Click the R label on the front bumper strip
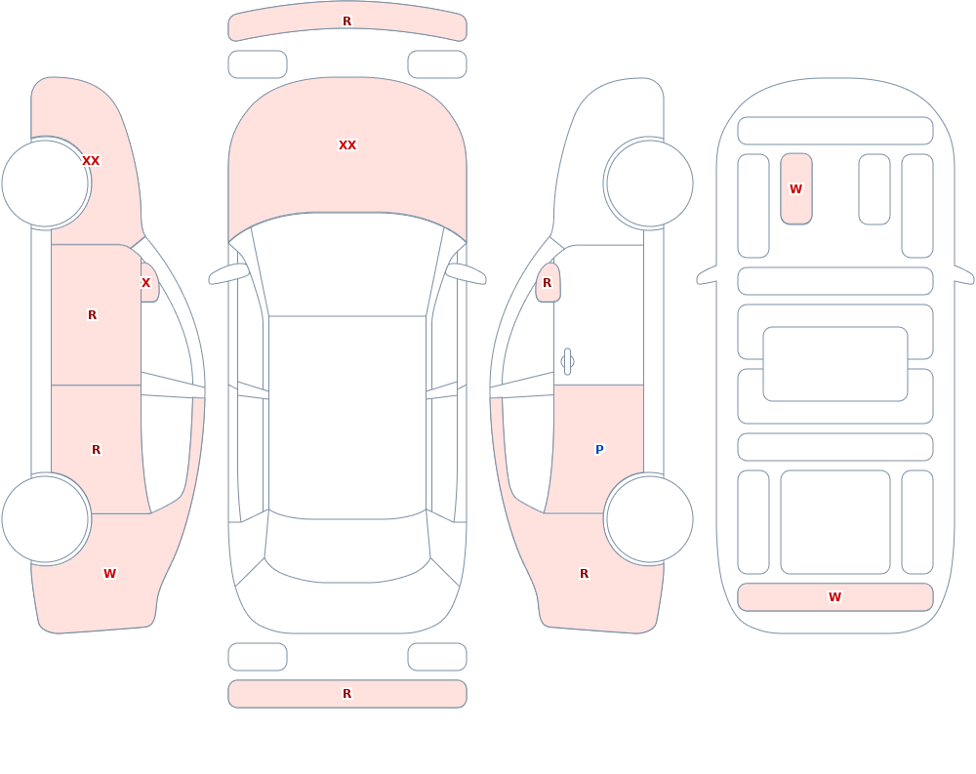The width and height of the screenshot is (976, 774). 347,21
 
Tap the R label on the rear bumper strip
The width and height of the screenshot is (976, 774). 347,694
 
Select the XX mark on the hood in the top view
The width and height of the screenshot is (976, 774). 347,145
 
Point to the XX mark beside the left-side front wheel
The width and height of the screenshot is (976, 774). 91,161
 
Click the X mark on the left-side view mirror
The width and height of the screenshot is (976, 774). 145,283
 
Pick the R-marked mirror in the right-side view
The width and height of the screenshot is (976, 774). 548,283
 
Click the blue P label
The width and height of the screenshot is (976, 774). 599,450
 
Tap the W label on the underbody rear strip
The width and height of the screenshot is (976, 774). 834,597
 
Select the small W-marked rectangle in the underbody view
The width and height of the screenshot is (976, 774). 796,188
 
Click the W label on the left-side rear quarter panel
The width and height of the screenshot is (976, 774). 109,574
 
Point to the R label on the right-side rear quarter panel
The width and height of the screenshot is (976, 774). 584,574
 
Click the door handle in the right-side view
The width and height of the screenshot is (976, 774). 567,362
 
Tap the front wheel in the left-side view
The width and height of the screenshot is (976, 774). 46,183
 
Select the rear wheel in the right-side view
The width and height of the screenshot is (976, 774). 649,519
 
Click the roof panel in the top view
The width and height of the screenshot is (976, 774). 347,417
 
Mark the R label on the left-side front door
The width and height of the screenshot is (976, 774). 92,315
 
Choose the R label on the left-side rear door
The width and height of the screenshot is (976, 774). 96,450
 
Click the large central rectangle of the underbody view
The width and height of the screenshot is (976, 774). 835,364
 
